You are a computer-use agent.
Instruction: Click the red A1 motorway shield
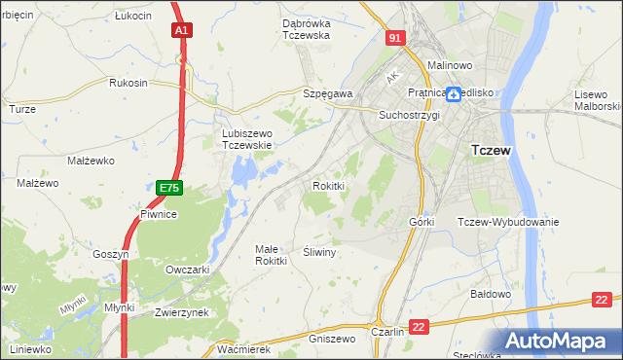coord(181,31)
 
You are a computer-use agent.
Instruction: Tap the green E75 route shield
coord(168,186)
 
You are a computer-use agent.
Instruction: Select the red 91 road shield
coord(393,38)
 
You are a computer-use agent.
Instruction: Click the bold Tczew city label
coord(492,151)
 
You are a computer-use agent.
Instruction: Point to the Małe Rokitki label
coord(271,255)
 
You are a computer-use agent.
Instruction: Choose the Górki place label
coord(421,222)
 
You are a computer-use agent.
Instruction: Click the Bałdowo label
coord(491,293)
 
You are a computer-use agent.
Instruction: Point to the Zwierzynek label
coord(182,312)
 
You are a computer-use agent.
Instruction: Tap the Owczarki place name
coord(188,270)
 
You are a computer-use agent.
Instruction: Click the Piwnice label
coord(157,214)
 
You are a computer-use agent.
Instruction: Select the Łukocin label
coord(132,17)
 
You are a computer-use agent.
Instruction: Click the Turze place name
coord(22,109)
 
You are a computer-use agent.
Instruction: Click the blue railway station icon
coord(454,94)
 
